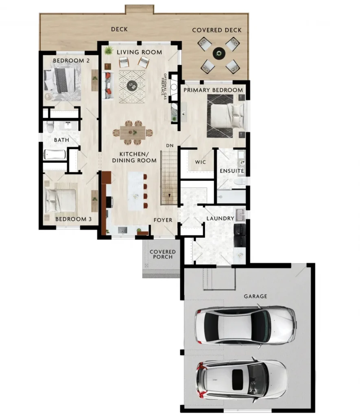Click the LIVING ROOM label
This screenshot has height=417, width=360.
click(x=139, y=52)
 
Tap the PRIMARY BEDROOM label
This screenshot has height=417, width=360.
click(x=213, y=90)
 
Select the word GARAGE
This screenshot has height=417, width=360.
click(x=255, y=296)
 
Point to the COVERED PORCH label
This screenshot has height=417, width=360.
click(x=163, y=254)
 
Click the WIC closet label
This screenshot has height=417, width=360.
click(x=200, y=162)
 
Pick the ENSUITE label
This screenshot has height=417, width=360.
click(x=232, y=171)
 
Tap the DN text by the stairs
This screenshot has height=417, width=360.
click(x=170, y=145)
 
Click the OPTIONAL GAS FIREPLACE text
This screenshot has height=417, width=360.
click(x=164, y=86)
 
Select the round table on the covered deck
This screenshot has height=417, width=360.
click(x=219, y=53)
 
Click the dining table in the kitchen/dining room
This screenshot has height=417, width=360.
click(x=132, y=132)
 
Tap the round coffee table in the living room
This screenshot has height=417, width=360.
click(x=132, y=86)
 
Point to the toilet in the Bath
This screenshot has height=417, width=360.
click(x=50, y=127)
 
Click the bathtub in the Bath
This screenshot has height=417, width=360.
click(x=55, y=154)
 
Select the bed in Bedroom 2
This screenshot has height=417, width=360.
click(x=62, y=81)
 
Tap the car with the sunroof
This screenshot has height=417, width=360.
click(x=242, y=380)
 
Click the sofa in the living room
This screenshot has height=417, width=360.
click(x=108, y=86)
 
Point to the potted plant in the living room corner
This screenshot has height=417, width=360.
click(x=108, y=50)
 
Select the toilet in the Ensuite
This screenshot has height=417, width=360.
click(x=240, y=182)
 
